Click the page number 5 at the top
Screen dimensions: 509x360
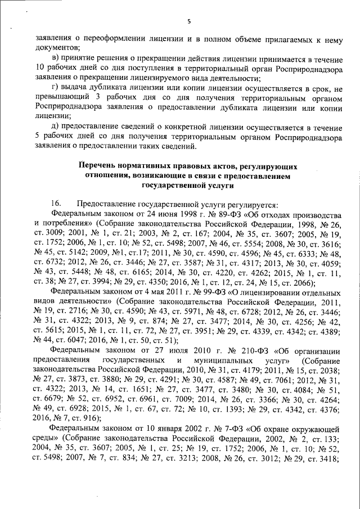click(189, 22)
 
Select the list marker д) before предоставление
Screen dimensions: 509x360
click(55, 128)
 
